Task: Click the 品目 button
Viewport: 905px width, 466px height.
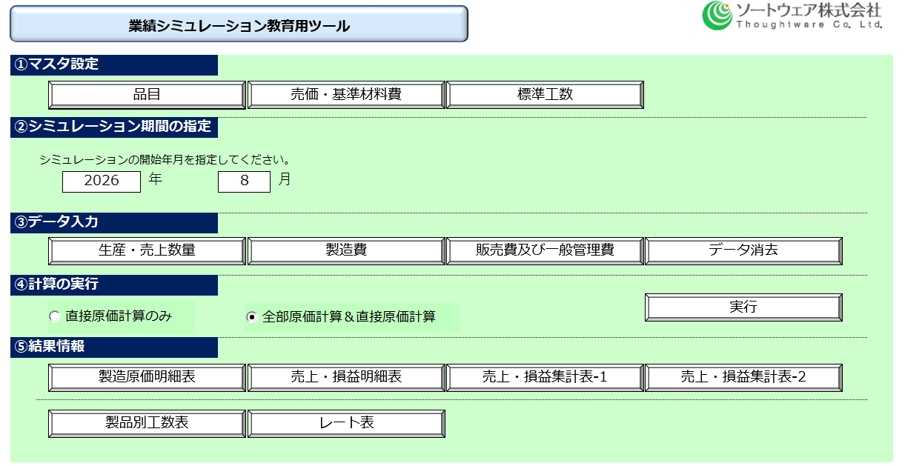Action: (x=147, y=95)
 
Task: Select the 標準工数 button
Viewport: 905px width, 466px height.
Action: (x=545, y=95)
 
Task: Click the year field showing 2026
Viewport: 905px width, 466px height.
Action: (x=102, y=182)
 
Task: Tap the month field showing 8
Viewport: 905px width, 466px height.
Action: (x=244, y=182)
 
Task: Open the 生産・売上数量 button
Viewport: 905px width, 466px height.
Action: (x=147, y=250)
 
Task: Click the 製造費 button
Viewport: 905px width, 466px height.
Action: (x=346, y=250)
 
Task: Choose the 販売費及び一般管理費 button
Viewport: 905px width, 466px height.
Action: (x=545, y=250)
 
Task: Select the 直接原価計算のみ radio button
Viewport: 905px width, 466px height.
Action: (x=55, y=316)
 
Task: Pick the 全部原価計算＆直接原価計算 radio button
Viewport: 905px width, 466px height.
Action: (x=252, y=317)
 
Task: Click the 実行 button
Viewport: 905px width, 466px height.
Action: (x=744, y=307)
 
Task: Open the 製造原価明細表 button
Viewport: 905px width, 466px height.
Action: (x=147, y=378)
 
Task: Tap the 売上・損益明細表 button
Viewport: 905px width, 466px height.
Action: (x=346, y=378)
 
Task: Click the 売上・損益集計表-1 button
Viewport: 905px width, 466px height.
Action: (x=545, y=378)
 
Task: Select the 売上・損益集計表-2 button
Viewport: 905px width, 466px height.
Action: (x=744, y=378)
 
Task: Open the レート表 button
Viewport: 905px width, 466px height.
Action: (x=346, y=424)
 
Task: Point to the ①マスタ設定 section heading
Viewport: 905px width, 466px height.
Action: (x=114, y=65)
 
